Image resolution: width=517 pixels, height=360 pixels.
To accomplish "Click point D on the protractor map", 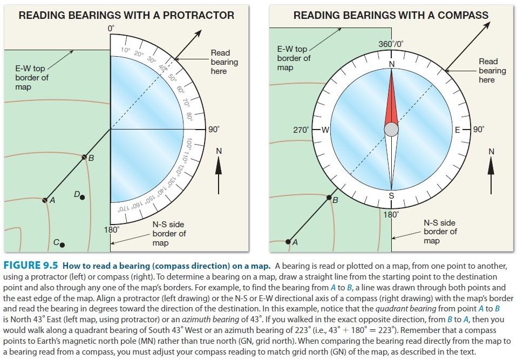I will (82, 198).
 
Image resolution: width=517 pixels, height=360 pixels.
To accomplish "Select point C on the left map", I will (62, 244).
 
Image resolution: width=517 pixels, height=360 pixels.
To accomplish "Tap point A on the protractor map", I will (45, 200).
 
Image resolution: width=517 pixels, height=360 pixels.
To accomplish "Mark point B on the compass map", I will (329, 199).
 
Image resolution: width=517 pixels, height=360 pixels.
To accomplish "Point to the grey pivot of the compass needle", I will (391, 130).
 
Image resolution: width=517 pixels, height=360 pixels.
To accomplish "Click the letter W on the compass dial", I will (325, 130).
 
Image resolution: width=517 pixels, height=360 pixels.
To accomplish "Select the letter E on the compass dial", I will (458, 130).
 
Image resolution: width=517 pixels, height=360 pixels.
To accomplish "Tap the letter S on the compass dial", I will (391, 196).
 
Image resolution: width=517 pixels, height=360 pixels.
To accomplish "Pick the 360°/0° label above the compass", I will (391, 44).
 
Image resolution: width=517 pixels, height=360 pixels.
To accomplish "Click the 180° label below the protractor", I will (111, 230).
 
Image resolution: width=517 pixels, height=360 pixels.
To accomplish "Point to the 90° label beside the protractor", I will (214, 130).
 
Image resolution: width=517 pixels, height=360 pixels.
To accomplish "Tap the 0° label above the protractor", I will (111, 27).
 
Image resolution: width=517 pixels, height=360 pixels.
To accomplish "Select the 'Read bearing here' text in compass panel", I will (492, 71).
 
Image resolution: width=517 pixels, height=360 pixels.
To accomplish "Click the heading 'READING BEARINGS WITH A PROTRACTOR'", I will (127, 15).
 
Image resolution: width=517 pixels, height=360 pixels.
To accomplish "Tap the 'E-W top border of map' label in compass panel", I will (294, 58).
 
